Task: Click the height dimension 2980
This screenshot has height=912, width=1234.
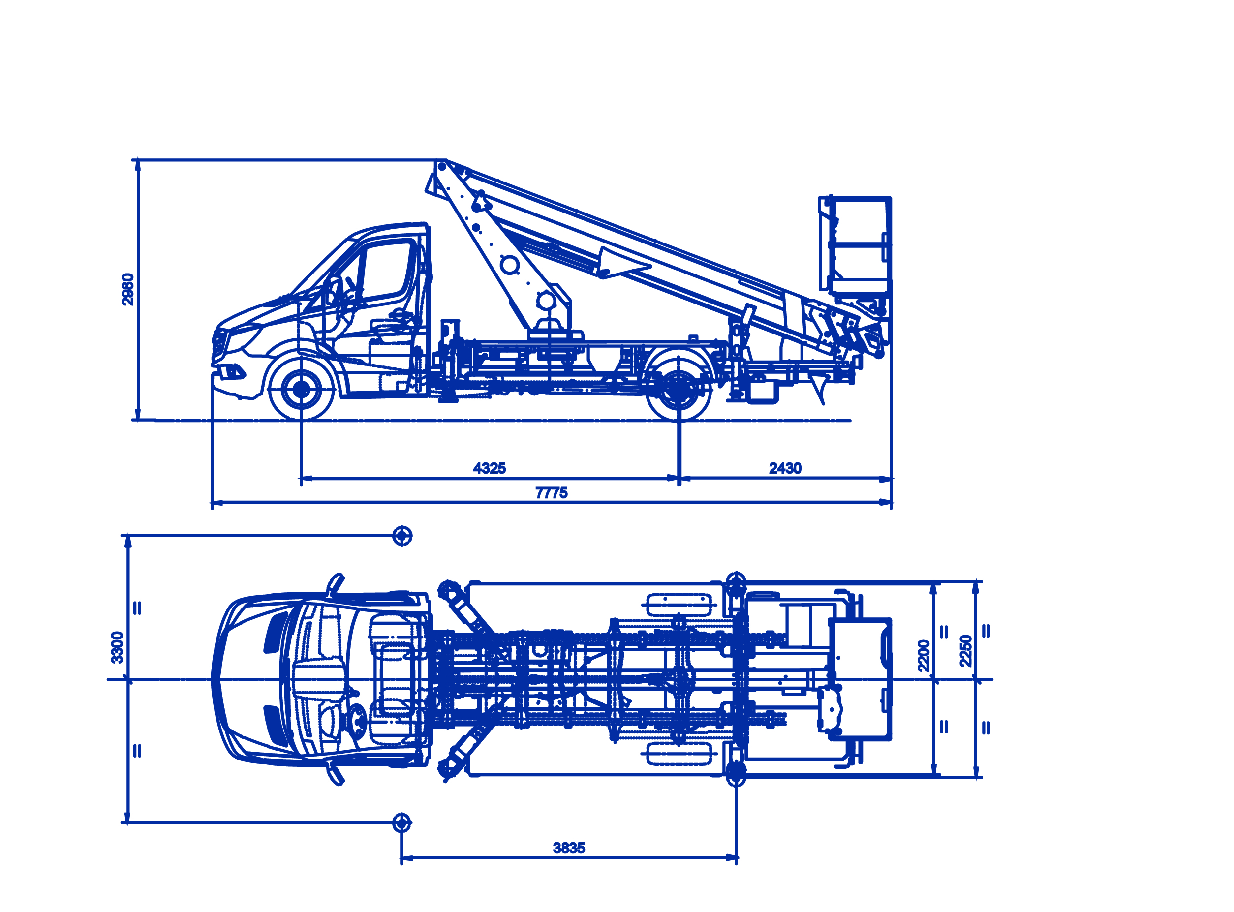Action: click(127, 289)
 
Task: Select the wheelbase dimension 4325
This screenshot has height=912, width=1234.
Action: click(489, 468)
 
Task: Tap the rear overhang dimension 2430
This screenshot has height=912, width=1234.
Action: click(785, 468)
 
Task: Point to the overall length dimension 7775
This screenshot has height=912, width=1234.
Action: click(551, 493)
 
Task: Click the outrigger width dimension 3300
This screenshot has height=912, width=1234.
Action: click(117, 647)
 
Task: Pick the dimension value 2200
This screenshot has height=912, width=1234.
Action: click(923, 656)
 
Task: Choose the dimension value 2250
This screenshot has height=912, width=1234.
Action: click(965, 651)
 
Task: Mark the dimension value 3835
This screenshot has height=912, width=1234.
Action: click(569, 848)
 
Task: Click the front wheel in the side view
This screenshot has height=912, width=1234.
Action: click(301, 389)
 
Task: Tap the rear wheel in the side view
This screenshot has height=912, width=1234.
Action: click(679, 389)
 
